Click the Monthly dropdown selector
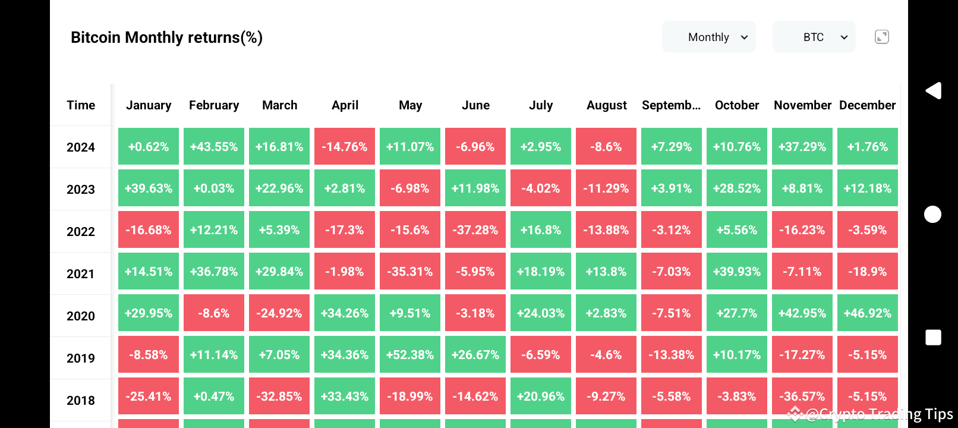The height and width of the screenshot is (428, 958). click(x=708, y=37)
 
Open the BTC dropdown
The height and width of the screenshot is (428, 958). click(x=814, y=37)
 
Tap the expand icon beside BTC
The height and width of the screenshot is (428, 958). click(x=882, y=37)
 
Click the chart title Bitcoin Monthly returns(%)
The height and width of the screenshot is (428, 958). click(x=166, y=37)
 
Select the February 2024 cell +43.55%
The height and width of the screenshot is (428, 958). click(x=214, y=147)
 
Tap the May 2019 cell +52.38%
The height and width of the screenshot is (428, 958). click(x=410, y=355)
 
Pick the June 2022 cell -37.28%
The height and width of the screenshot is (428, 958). click(x=475, y=230)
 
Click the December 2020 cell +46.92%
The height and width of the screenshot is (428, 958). click(x=868, y=313)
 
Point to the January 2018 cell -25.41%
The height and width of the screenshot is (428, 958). click(x=149, y=396)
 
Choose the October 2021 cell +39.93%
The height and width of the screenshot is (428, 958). click(x=737, y=272)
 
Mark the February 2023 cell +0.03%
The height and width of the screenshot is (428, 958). click(x=214, y=188)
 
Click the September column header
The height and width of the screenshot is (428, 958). click(x=671, y=105)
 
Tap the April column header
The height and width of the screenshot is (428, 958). click(x=345, y=105)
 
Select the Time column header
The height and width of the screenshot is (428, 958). click(x=81, y=105)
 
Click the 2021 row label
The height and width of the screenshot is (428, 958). click(x=81, y=274)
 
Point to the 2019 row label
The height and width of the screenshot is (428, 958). click(x=81, y=358)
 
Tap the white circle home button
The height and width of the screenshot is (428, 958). click(x=933, y=215)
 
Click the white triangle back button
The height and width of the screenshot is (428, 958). click(x=933, y=91)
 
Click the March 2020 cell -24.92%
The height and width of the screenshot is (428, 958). click(x=279, y=313)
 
